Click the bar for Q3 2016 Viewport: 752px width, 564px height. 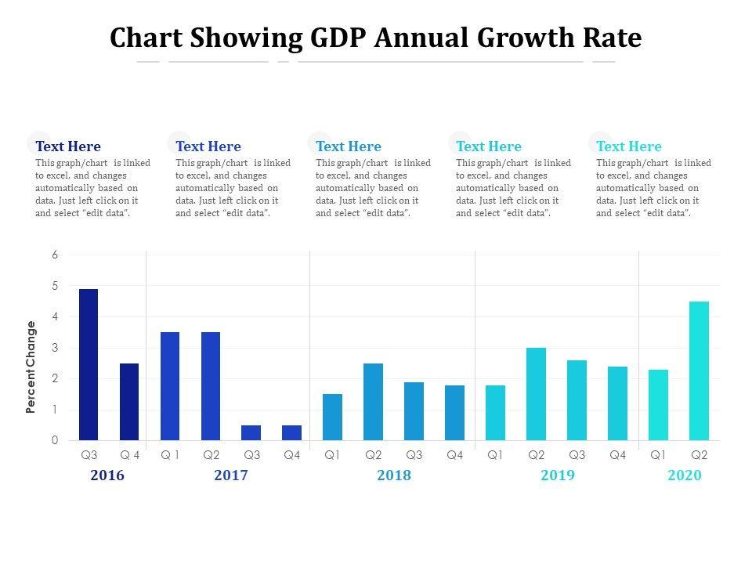[89, 365]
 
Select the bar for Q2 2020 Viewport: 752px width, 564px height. [699, 371]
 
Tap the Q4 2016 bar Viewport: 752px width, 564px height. [129, 402]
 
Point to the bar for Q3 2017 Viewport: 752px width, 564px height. [251, 432]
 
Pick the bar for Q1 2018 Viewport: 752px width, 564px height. [332, 418]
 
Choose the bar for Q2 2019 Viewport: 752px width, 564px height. [536, 394]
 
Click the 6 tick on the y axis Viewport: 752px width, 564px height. [55, 255]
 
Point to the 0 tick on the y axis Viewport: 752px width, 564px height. [55, 441]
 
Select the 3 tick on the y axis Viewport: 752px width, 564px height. [55, 348]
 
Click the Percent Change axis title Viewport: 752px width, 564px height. [31, 367]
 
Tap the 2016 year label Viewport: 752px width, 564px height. [107, 475]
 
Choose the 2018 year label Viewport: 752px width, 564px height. [393, 475]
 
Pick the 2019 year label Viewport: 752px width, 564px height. [557, 475]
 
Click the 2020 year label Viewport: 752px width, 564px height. [684, 475]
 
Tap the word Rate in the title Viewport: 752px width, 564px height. [613, 38]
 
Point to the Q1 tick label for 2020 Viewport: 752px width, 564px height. [658, 454]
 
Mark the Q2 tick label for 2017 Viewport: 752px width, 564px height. [211, 454]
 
